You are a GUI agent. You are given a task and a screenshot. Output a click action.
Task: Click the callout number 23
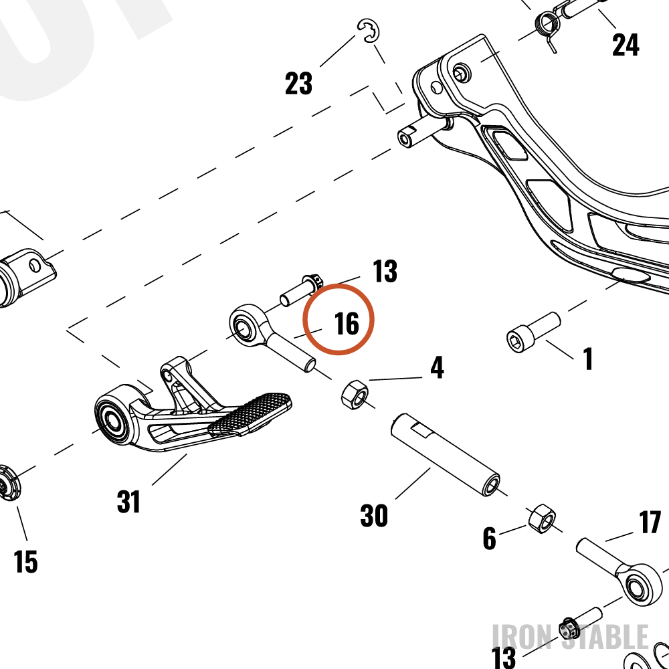click(298, 83)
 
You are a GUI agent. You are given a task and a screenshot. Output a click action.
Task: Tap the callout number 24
click(626, 45)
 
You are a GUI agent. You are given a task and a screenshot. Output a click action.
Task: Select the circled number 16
click(347, 323)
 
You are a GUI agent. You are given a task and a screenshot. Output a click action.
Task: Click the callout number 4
click(437, 367)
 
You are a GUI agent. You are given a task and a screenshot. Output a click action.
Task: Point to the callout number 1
click(588, 359)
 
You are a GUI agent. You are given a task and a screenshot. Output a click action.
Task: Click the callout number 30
click(374, 515)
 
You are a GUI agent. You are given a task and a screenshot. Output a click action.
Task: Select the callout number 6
click(490, 538)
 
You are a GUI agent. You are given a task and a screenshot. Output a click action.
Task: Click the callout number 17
click(650, 522)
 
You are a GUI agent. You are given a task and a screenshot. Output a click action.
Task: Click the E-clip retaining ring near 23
click(369, 31)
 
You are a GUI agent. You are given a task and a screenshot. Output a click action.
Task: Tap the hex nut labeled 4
click(355, 395)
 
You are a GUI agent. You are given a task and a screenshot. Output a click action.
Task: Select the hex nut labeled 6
click(542, 518)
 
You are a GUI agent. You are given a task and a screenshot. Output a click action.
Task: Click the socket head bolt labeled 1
click(533, 332)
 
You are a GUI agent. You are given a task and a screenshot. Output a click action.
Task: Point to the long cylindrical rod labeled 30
click(446, 455)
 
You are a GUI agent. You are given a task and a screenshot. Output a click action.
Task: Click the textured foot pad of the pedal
click(250, 414)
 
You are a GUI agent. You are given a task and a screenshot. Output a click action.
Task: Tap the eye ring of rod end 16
click(244, 326)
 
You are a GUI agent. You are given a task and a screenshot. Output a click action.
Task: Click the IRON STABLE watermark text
click(571, 636)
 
